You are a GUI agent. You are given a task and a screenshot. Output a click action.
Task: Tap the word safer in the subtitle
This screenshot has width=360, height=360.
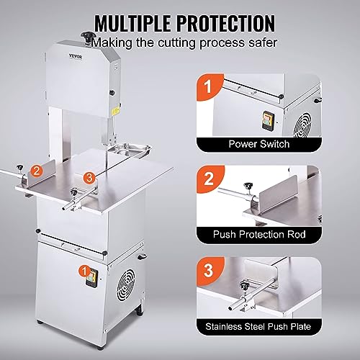tap(257, 42)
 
